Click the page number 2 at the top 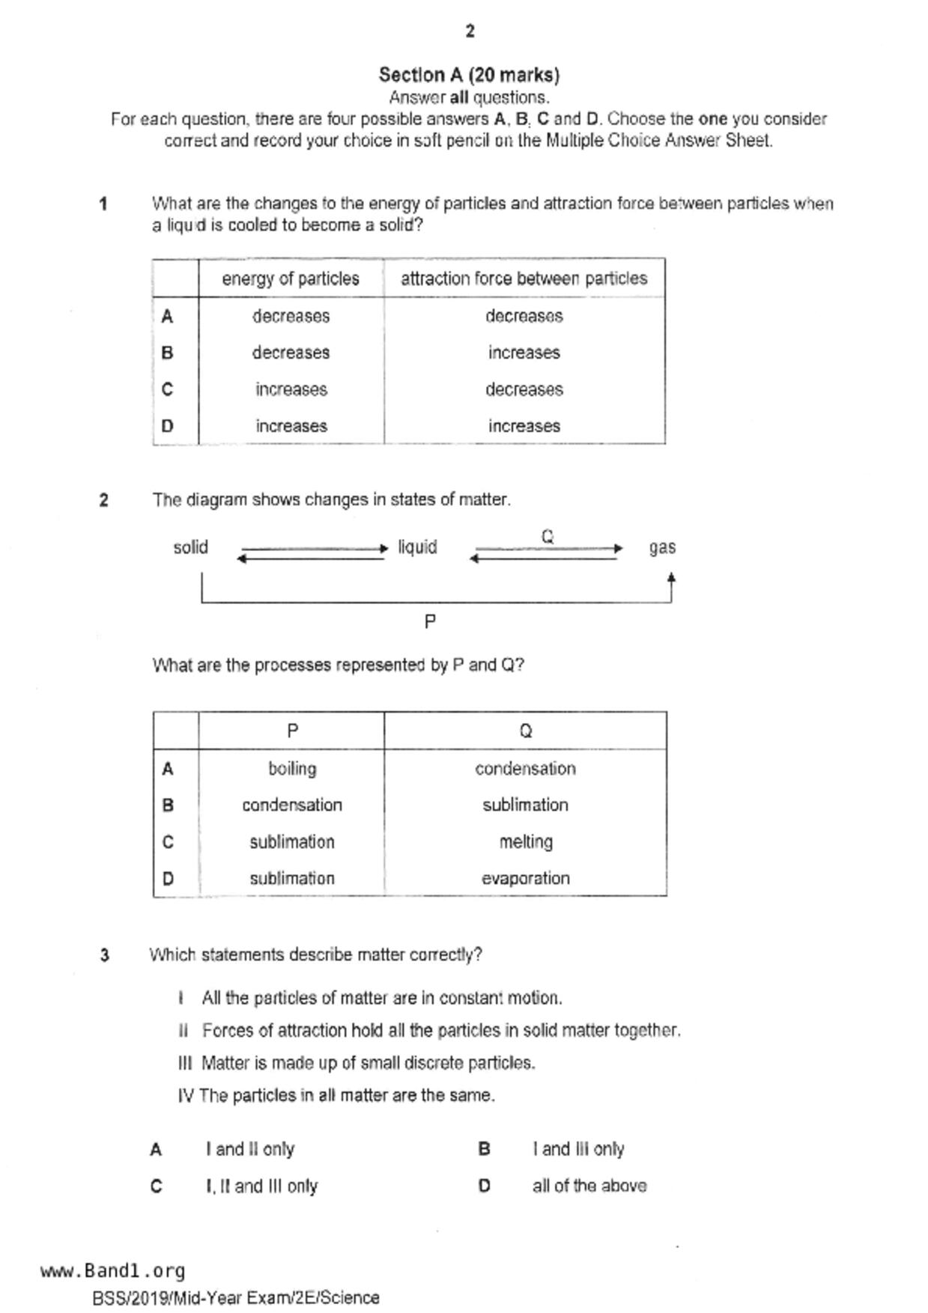tap(470, 31)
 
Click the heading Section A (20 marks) tap(469, 75)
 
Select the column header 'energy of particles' tap(291, 278)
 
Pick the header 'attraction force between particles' tap(524, 278)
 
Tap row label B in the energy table tap(167, 353)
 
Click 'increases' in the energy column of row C tap(291, 389)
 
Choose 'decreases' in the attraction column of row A tap(524, 316)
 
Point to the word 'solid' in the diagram tap(190, 547)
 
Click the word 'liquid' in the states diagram tap(417, 547)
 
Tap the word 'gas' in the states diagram tap(662, 547)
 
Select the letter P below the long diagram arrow tap(430, 621)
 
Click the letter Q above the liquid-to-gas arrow tap(548, 536)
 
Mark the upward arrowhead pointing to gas tap(671, 579)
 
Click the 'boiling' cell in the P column tap(292, 768)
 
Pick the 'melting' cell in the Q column tap(526, 841)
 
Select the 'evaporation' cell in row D tap(526, 878)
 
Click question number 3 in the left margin tap(104, 955)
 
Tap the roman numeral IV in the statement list tap(186, 1095)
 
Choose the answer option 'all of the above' tap(589, 1186)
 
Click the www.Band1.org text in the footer tap(113, 1270)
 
